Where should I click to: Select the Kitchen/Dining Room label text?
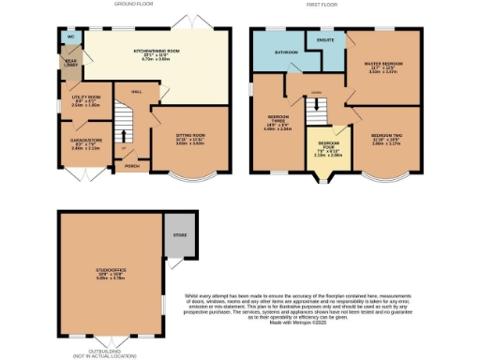pos(155,52)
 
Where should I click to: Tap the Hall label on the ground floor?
pos(136,92)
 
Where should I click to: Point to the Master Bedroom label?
pos(382,65)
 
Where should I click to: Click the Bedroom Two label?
pos(385,139)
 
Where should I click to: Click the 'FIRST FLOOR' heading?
pos(322,5)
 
